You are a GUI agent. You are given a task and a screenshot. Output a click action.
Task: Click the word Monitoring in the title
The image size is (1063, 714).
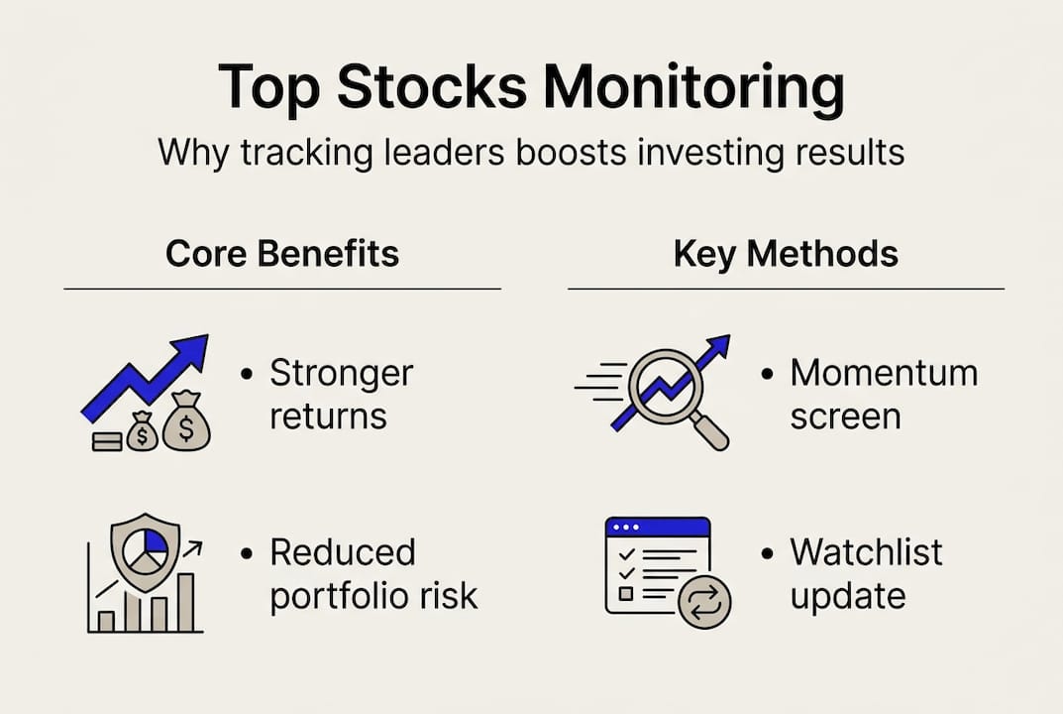tap(693, 87)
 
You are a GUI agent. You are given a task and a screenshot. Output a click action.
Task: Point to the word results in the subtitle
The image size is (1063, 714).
tap(842, 154)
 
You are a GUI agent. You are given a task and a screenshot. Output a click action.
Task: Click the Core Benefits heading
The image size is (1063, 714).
tap(282, 254)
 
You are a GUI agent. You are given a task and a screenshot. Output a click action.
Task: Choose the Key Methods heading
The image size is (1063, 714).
tap(786, 254)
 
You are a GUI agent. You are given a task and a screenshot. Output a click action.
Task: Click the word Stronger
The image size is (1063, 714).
tap(341, 374)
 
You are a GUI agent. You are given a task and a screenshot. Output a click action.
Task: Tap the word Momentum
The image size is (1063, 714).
tap(884, 373)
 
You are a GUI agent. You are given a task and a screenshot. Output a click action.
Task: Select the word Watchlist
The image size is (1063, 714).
tap(866, 552)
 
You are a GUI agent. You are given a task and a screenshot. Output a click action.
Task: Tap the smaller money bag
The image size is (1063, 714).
tap(142, 433)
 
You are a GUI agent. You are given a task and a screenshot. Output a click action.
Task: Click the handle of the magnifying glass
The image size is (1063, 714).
tap(709, 431)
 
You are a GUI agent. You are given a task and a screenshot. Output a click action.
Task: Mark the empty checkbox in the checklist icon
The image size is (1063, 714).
tap(625, 593)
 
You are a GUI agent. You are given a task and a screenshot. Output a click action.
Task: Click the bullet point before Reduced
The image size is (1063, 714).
tap(247, 552)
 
